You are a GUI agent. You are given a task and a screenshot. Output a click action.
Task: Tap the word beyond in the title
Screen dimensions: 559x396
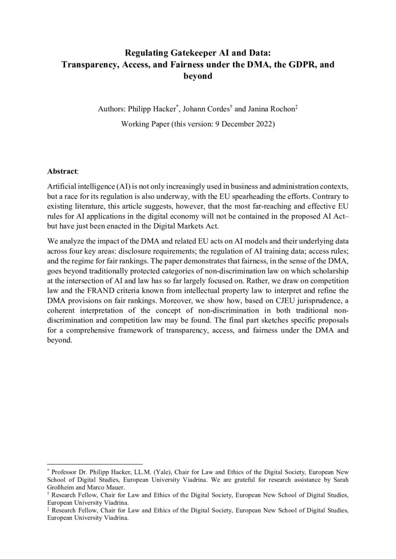[x=198, y=76]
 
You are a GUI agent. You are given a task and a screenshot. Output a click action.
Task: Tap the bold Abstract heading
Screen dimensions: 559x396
[x=61, y=171]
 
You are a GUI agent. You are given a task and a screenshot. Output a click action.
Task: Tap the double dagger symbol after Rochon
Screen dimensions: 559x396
[x=296, y=107]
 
